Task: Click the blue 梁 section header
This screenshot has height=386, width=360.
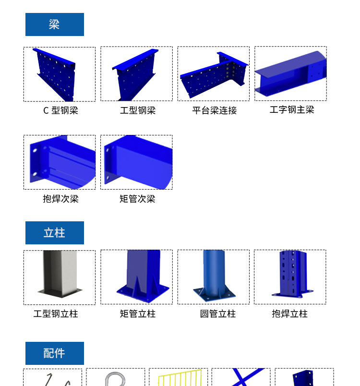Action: (x=55, y=24)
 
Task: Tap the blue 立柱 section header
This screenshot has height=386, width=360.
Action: (x=55, y=233)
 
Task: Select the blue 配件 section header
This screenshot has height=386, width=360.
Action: (x=55, y=353)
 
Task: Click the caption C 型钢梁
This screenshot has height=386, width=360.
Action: (x=60, y=110)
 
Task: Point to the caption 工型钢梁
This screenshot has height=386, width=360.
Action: (x=138, y=110)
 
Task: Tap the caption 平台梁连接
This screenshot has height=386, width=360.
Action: (x=215, y=110)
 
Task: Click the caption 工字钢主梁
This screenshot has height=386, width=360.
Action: (x=292, y=109)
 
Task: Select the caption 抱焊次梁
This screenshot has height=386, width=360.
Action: (x=60, y=199)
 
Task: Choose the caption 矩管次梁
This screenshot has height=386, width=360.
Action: (x=137, y=199)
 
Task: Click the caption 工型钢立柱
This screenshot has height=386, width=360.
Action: (x=56, y=314)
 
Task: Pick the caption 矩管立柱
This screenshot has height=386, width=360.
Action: (x=138, y=314)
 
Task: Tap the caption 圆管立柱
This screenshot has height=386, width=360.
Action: (x=218, y=314)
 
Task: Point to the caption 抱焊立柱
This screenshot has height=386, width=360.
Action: (x=289, y=314)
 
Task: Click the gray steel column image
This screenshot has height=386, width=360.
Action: (x=60, y=274)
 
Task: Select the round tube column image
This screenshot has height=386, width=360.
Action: (x=214, y=275)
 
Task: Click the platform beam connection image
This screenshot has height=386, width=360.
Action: (x=214, y=74)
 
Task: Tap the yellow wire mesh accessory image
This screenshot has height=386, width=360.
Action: (x=180, y=378)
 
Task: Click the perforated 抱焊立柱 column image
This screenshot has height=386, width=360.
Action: (x=293, y=274)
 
